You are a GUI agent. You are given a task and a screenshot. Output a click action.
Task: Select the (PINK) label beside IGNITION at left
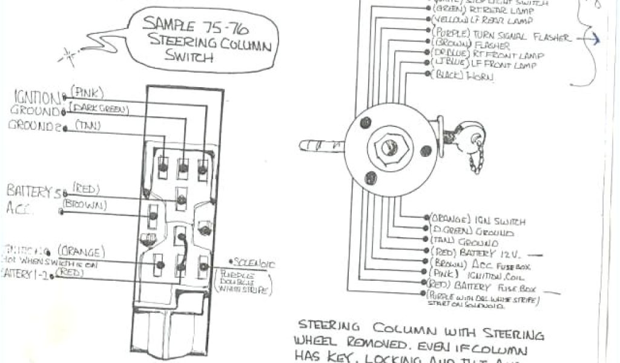(x=88, y=93)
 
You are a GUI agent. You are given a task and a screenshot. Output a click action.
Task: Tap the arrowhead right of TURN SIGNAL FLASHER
(x=596, y=39)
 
